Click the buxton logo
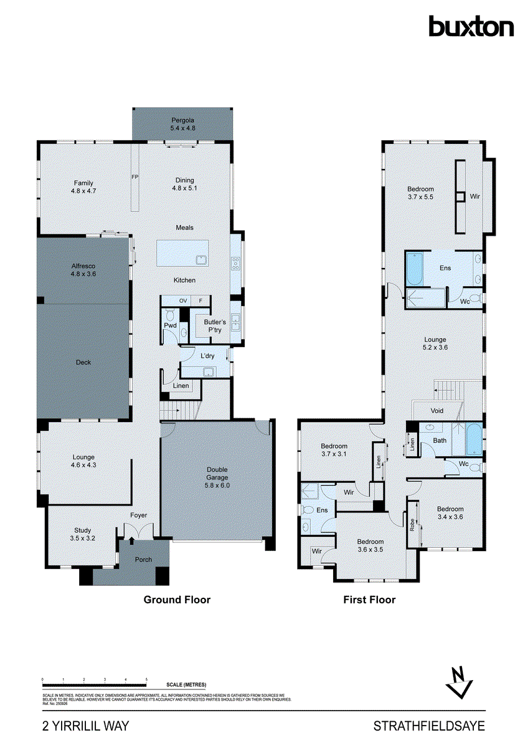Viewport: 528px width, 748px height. pyautogui.click(x=471, y=26)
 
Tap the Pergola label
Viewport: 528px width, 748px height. pyautogui.click(x=183, y=120)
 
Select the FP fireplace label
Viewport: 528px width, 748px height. pyautogui.click(x=134, y=178)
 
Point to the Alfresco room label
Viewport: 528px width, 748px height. pyautogui.click(x=83, y=266)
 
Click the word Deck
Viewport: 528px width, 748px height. pyautogui.click(x=83, y=362)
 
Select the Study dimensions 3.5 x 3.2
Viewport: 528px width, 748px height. pyautogui.click(x=83, y=538)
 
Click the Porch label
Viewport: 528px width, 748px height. pyautogui.click(x=144, y=559)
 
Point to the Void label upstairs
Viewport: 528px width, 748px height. pyautogui.click(x=437, y=411)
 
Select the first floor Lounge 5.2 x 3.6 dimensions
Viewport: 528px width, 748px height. pyautogui.click(x=435, y=348)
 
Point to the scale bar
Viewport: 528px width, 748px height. pyautogui.click(x=94, y=681)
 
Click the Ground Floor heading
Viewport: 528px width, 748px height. pyautogui.click(x=177, y=600)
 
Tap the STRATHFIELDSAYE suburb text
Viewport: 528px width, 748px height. pyautogui.click(x=428, y=726)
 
